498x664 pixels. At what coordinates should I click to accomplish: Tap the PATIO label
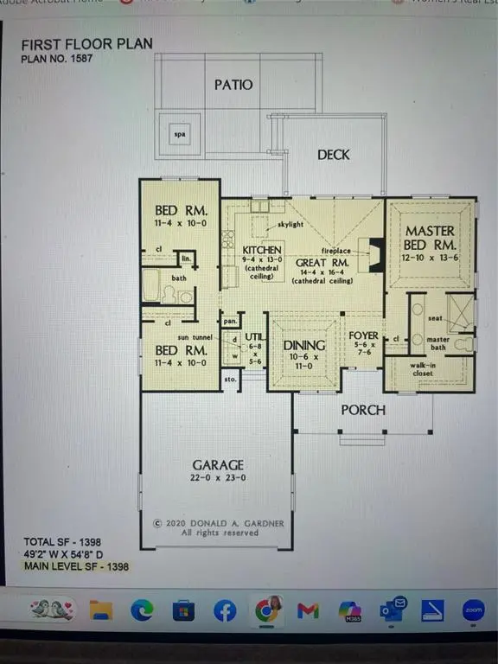[x=233, y=85]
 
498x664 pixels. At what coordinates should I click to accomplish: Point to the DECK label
[x=333, y=155]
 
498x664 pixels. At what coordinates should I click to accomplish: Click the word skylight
[x=290, y=224]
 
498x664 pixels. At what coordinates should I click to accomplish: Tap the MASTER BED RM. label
[x=430, y=238]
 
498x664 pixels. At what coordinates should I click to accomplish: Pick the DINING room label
[x=303, y=345]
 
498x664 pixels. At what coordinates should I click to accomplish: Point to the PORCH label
[x=363, y=409]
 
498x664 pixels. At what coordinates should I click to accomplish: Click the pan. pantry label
[x=230, y=321]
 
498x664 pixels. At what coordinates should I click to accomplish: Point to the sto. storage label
[x=229, y=378]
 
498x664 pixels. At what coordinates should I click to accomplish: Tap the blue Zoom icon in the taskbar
[x=473, y=610]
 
